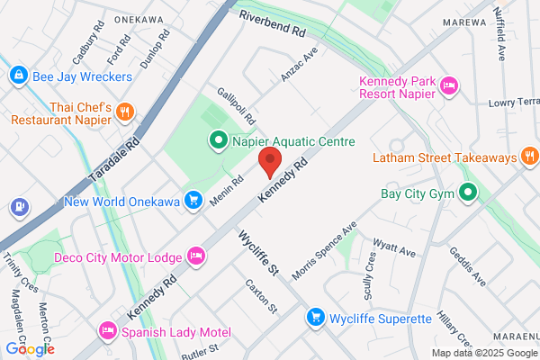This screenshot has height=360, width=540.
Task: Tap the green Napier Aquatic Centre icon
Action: tap(217, 140)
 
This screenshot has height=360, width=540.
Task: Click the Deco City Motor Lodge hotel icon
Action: tap(195, 257)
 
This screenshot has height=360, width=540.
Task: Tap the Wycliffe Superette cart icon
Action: tap(315, 318)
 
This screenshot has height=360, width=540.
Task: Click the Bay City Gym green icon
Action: tap(468, 192)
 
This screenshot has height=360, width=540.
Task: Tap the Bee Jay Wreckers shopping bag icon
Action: tap(16, 76)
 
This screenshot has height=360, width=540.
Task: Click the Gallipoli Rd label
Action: tap(236, 107)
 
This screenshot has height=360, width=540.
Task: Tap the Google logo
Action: tap(30, 348)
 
